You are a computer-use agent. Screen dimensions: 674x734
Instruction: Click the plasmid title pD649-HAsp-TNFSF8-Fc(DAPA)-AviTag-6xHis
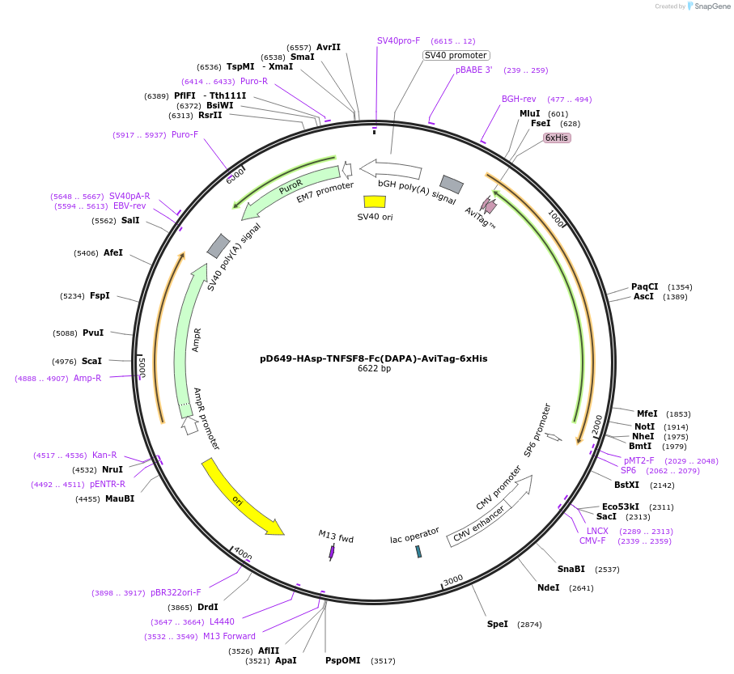click(373, 358)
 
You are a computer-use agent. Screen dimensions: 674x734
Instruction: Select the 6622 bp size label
click(374, 369)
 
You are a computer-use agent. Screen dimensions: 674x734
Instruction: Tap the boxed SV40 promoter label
click(456, 55)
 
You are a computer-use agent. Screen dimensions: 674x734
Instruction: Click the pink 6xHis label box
click(557, 138)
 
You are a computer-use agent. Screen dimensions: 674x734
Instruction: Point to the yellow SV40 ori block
click(375, 201)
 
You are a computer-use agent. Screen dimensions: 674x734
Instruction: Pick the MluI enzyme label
click(529, 113)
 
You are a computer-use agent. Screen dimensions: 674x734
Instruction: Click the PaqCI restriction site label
click(644, 286)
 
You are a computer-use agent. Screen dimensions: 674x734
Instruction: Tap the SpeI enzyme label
click(498, 624)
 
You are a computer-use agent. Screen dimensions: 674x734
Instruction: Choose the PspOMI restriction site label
click(343, 660)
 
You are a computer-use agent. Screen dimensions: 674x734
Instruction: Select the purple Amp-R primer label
click(87, 378)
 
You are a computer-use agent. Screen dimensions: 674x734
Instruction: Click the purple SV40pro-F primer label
click(398, 40)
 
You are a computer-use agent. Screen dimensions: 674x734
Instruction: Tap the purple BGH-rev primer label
click(519, 99)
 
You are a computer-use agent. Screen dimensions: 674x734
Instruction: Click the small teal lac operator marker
click(418, 551)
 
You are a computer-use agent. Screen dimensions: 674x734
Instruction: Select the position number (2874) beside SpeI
click(529, 625)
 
